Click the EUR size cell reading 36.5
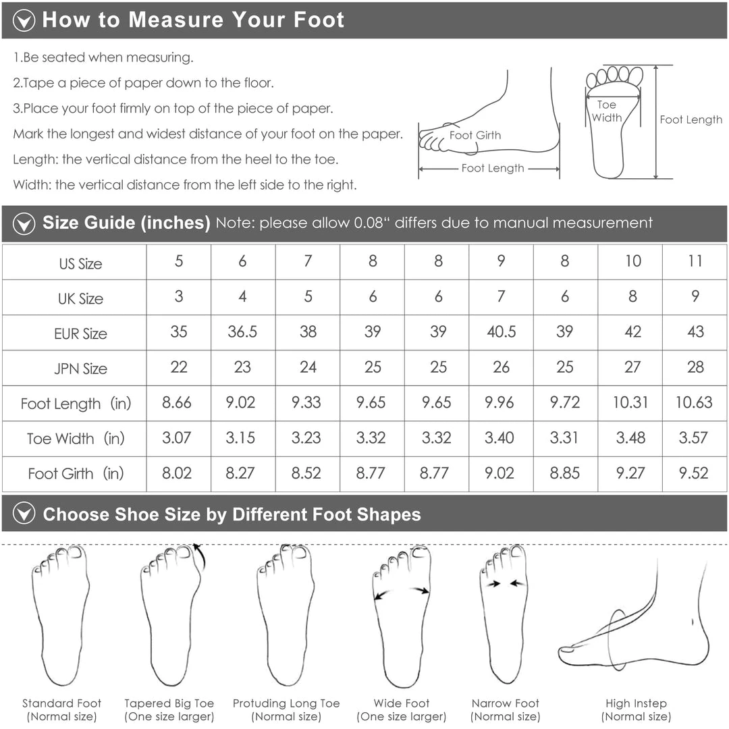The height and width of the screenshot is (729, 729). pos(242,331)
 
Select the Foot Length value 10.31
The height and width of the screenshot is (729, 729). pos(630,402)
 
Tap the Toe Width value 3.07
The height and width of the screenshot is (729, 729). pos(177,437)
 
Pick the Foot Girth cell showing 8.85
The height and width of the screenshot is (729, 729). pos(564,473)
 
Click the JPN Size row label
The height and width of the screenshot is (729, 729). pos(80,369)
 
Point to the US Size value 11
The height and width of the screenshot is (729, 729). pos(695,261)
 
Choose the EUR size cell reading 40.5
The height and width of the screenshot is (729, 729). pos(501,331)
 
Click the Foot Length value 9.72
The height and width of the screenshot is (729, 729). pos(565,402)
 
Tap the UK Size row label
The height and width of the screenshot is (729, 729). pos(80,298)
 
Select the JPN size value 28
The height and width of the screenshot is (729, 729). pos(695,367)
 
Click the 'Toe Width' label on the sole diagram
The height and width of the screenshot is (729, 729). pos(607,111)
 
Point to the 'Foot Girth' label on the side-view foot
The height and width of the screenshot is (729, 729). pos(475,135)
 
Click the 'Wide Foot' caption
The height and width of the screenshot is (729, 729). pos(401,703)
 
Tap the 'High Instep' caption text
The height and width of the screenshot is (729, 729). pos(636,703)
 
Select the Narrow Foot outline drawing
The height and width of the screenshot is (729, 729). pos(504,613)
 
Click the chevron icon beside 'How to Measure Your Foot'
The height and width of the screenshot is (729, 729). pos(24,20)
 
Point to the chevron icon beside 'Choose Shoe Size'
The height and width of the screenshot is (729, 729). pos(24,513)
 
